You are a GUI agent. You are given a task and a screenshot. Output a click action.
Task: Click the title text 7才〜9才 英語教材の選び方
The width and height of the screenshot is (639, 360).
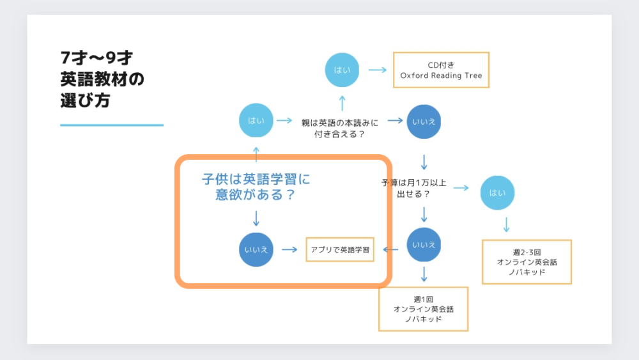pyautogui.click(x=102, y=79)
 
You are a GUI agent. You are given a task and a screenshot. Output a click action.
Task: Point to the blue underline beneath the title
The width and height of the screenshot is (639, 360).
pyautogui.click(x=112, y=125)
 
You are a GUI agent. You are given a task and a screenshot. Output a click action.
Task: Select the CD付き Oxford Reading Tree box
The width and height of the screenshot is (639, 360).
pyautogui.click(x=441, y=70)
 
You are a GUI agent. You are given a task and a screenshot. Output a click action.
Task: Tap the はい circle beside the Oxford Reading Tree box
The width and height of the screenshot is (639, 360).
pyautogui.click(x=342, y=70)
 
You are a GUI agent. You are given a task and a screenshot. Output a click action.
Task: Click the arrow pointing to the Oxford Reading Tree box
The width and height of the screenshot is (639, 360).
pyautogui.click(x=378, y=70)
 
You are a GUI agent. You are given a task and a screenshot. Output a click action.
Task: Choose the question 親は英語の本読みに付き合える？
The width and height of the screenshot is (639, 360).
pyautogui.click(x=340, y=128)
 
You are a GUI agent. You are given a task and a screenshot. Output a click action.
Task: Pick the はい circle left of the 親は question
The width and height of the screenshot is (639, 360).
pyautogui.click(x=256, y=120)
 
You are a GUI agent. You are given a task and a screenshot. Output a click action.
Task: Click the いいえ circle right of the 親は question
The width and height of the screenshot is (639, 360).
pyautogui.click(x=424, y=121)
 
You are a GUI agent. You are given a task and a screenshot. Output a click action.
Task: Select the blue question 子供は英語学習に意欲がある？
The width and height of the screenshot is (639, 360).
pyautogui.click(x=256, y=186)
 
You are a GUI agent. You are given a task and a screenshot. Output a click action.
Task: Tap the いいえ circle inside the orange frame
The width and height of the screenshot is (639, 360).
pyautogui.click(x=256, y=249)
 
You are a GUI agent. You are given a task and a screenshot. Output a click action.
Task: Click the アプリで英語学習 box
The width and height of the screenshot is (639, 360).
pyautogui.click(x=340, y=249)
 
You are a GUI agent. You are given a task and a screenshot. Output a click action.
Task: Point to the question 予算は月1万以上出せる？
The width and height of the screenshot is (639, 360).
pyautogui.click(x=413, y=189)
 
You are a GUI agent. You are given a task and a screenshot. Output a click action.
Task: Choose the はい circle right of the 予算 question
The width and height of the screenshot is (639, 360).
pyautogui.click(x=497, y=193)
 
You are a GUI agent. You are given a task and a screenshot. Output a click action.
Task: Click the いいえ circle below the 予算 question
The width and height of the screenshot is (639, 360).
pyautogui.click(x=424, y=245)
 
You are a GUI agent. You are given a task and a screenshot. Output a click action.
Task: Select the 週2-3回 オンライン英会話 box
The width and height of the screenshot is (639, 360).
pyautogui.click(x=527, y=262)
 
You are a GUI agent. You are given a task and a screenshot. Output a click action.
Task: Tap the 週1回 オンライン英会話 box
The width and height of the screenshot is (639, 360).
pyautogui.click(x=424, y=309)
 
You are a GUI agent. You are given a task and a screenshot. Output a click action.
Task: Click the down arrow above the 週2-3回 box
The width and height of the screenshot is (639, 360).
pyautogui.click(x=507, y=224)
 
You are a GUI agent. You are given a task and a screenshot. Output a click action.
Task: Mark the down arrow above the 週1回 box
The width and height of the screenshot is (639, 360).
pyautogui.click(x=424, y=274)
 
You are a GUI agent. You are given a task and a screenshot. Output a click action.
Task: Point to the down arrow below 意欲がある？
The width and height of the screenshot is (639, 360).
pyautogui.click(x=256, y=219)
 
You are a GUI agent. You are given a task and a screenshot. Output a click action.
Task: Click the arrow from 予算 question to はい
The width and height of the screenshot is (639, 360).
pyautogui.click(x=461, y=188)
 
